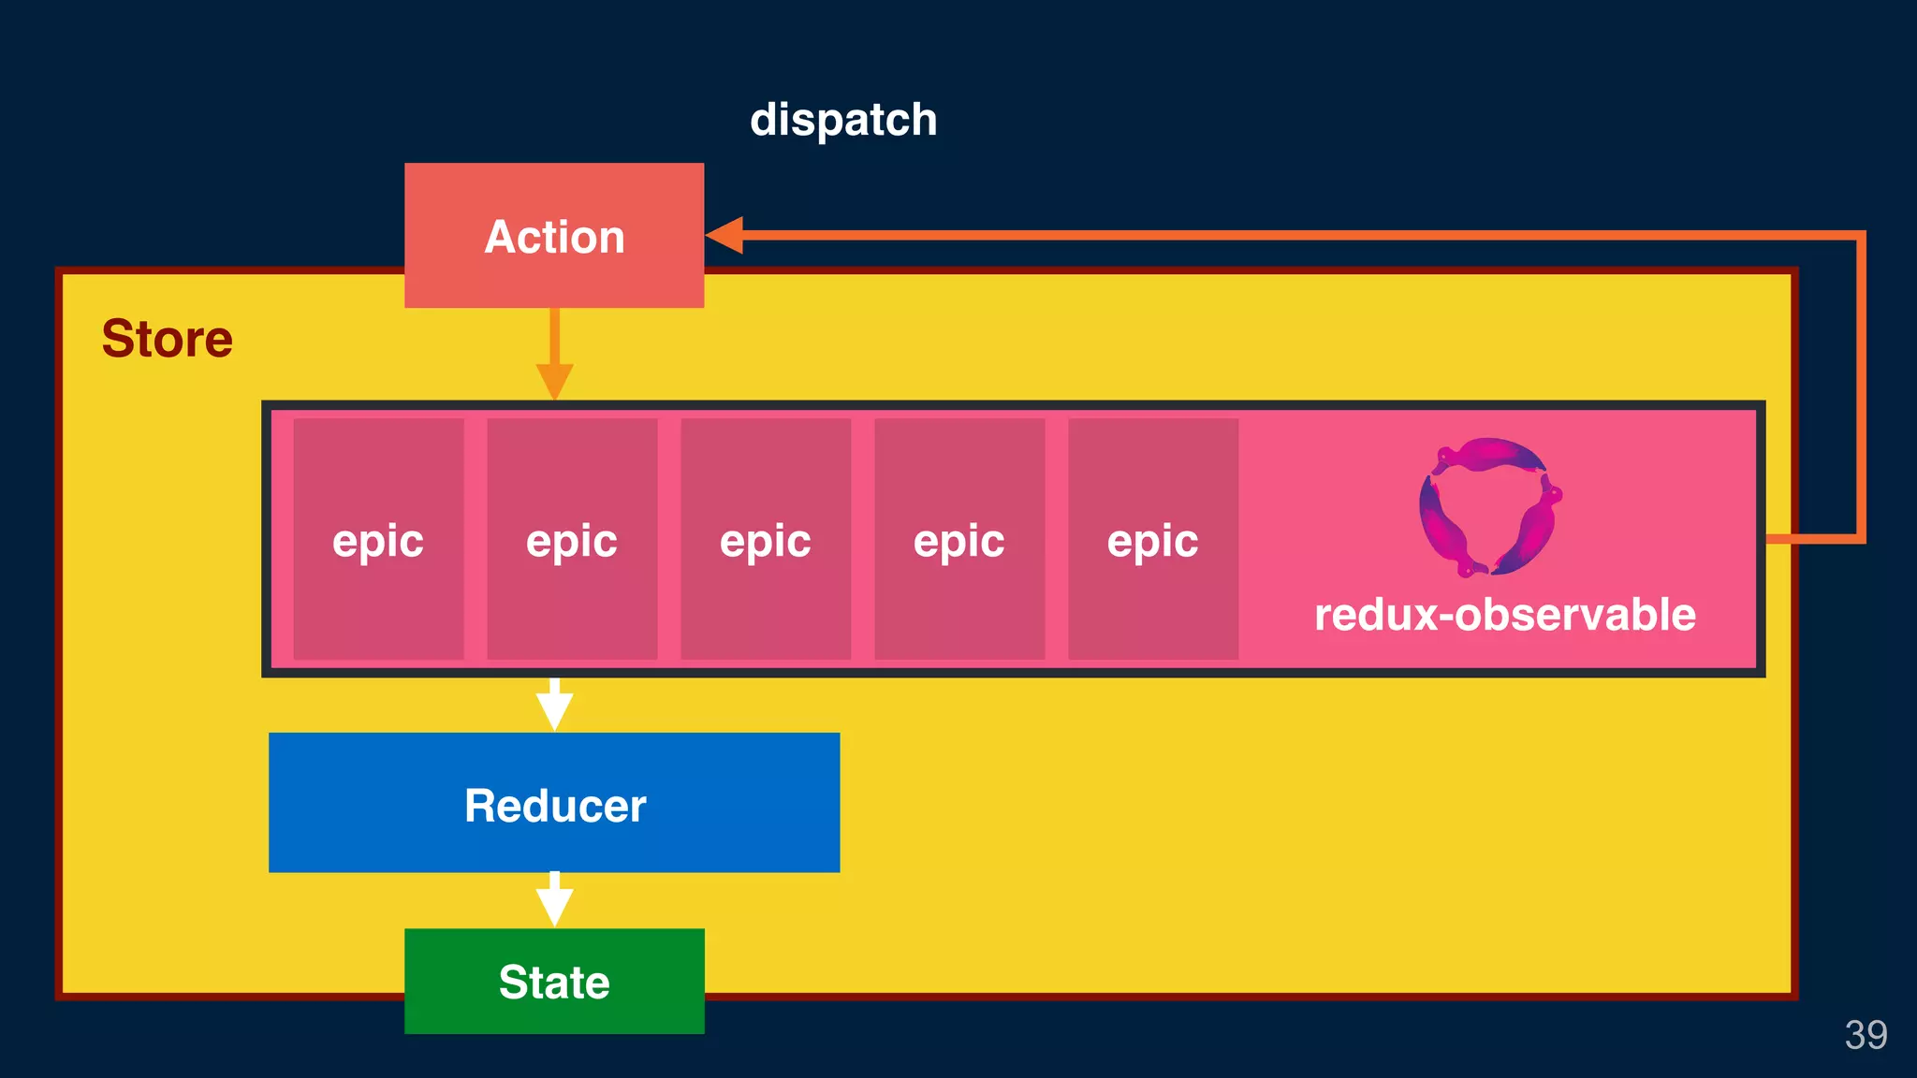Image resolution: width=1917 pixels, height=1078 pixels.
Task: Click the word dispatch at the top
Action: pos(843,120)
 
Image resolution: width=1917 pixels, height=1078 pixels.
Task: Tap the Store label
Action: pos(167,338)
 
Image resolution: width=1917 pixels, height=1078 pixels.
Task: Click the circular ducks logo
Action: pos(1489,506)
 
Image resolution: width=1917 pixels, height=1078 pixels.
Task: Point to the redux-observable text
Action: pos(1504,615)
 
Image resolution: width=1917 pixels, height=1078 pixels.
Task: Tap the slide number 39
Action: pos(1866,1035)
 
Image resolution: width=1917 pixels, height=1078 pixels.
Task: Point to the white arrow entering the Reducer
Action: pos(554,706)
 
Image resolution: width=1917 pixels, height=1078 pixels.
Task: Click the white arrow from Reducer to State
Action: pos(554,900)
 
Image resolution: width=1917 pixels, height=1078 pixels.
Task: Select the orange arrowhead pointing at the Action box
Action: pos(725,235)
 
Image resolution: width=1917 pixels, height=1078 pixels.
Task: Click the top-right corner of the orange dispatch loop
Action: pos(1861,236)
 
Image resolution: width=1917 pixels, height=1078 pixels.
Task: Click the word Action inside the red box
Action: pos(554,237)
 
